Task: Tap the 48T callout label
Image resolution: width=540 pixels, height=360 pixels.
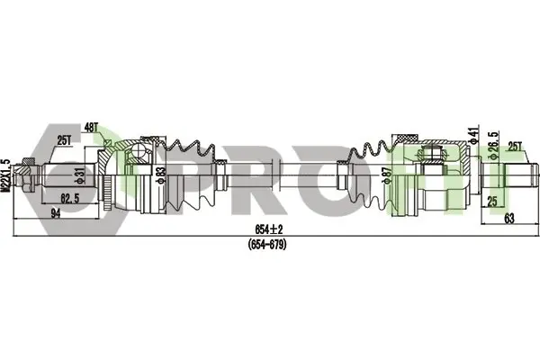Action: (x=91, y=129)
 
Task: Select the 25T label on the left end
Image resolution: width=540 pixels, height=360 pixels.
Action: (x=64, y=140)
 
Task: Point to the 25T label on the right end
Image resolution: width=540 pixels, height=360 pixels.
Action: (x=515, y=147)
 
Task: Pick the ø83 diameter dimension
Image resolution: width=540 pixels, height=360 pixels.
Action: (x=161, y=175)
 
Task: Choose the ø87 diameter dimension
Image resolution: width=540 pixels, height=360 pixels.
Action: (x=388, y=175)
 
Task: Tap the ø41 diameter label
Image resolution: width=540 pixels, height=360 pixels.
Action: (x=474, y=135)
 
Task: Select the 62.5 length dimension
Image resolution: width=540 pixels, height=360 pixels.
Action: (x=70, y=198)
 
